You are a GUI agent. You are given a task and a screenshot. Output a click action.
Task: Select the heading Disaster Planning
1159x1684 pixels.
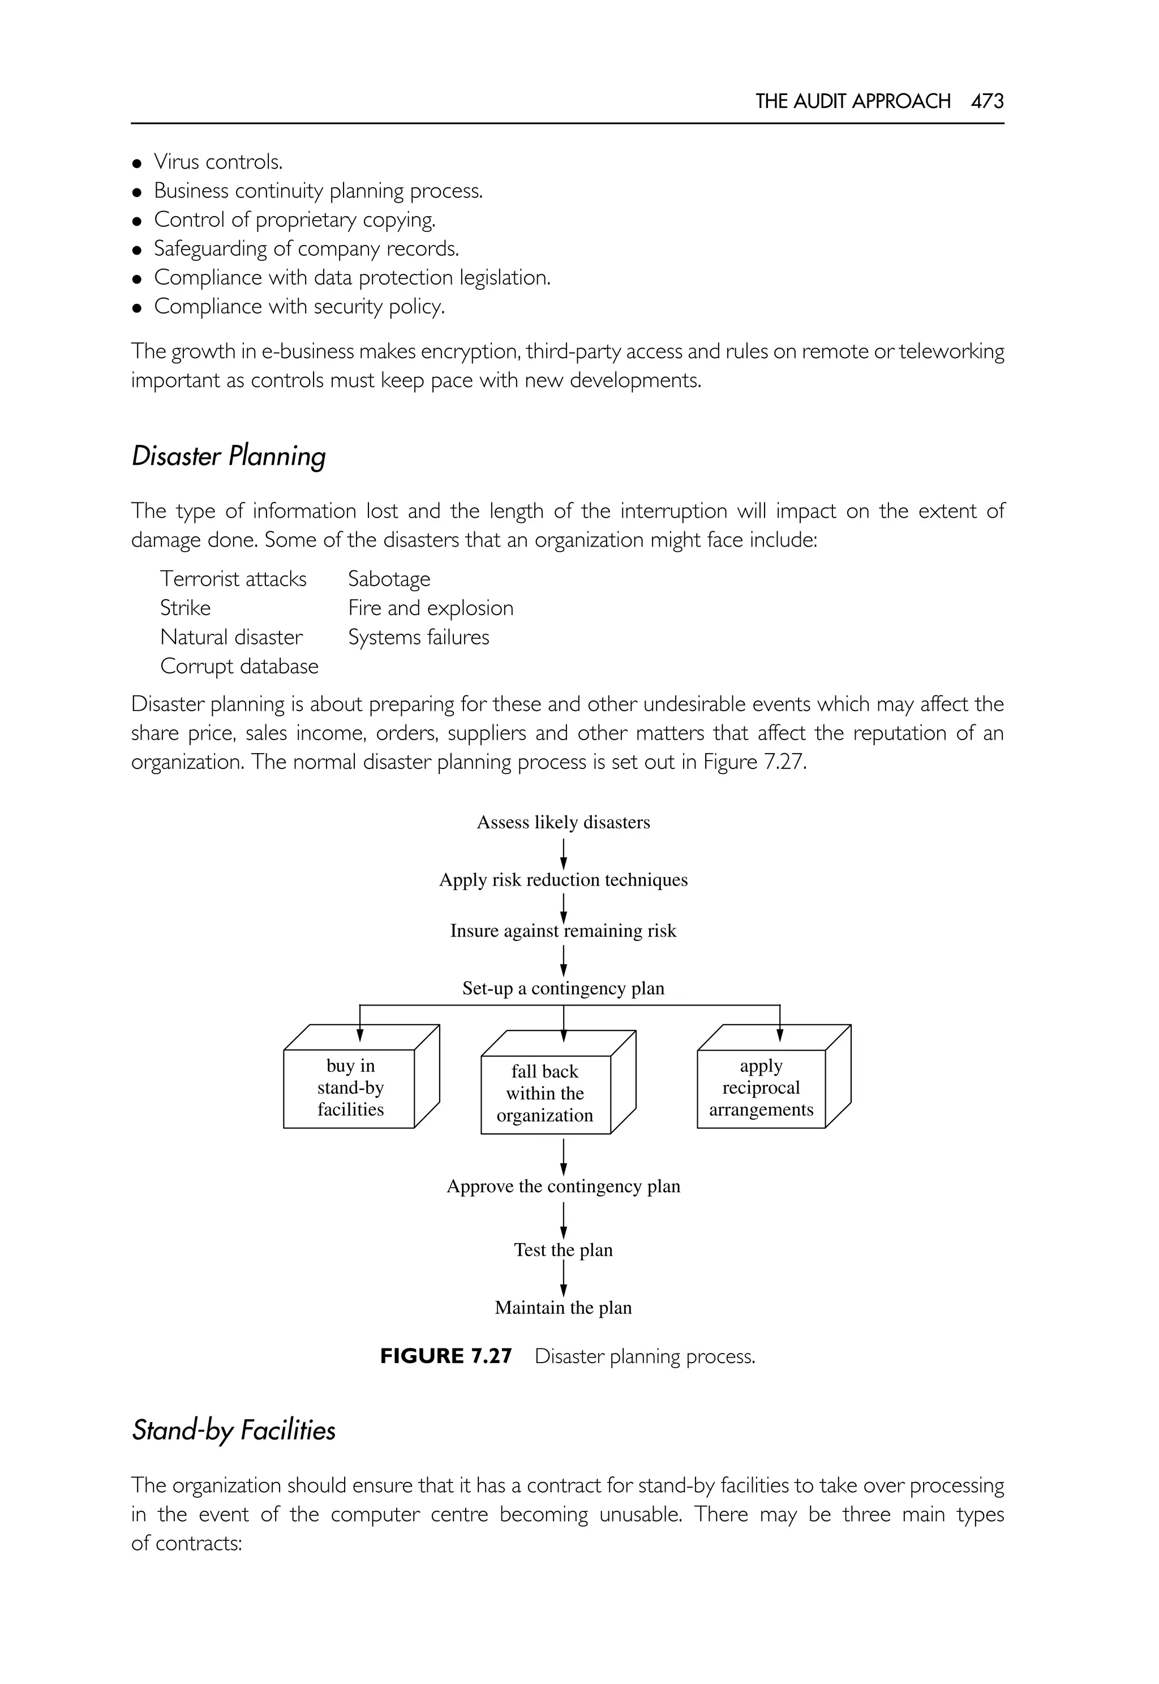click(x=228, y=456)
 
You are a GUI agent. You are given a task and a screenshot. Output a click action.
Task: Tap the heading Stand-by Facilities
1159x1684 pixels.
click(x=233, y=1430)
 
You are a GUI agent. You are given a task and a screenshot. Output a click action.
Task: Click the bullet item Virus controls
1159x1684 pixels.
click(x=217, y=161)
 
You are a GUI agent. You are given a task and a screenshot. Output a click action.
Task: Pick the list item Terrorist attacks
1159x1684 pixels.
click(x=233, y=579)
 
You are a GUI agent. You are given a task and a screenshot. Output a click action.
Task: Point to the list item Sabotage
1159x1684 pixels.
click(x=389, y=579)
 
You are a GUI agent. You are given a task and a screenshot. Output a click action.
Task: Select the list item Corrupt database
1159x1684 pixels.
click(x=239, y=666)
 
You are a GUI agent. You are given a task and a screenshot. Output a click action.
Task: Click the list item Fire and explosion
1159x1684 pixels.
click(x=430, y=608)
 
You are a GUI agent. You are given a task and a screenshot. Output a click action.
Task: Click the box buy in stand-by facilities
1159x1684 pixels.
click(x=350, y=1087)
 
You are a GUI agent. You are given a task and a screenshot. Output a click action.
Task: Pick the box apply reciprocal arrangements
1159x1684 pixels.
click(x=761, y=1087)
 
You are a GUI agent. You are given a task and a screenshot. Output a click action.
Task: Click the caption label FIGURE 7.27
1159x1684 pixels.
click(x=446, y=1356)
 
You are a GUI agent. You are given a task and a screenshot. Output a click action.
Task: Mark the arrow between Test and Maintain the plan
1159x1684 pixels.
click(x=564, y=1278)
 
